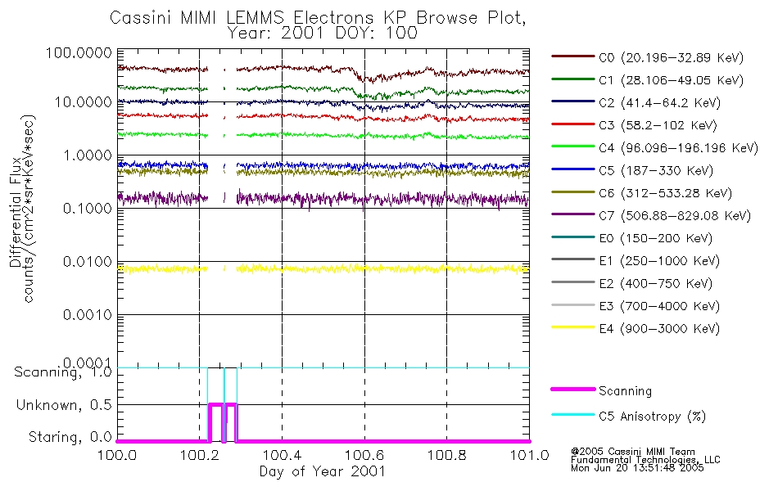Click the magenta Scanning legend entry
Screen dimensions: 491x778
click(626, 391)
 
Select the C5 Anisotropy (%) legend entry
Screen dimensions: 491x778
click(652, 416)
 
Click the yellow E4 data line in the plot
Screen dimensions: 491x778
click(369, 268)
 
